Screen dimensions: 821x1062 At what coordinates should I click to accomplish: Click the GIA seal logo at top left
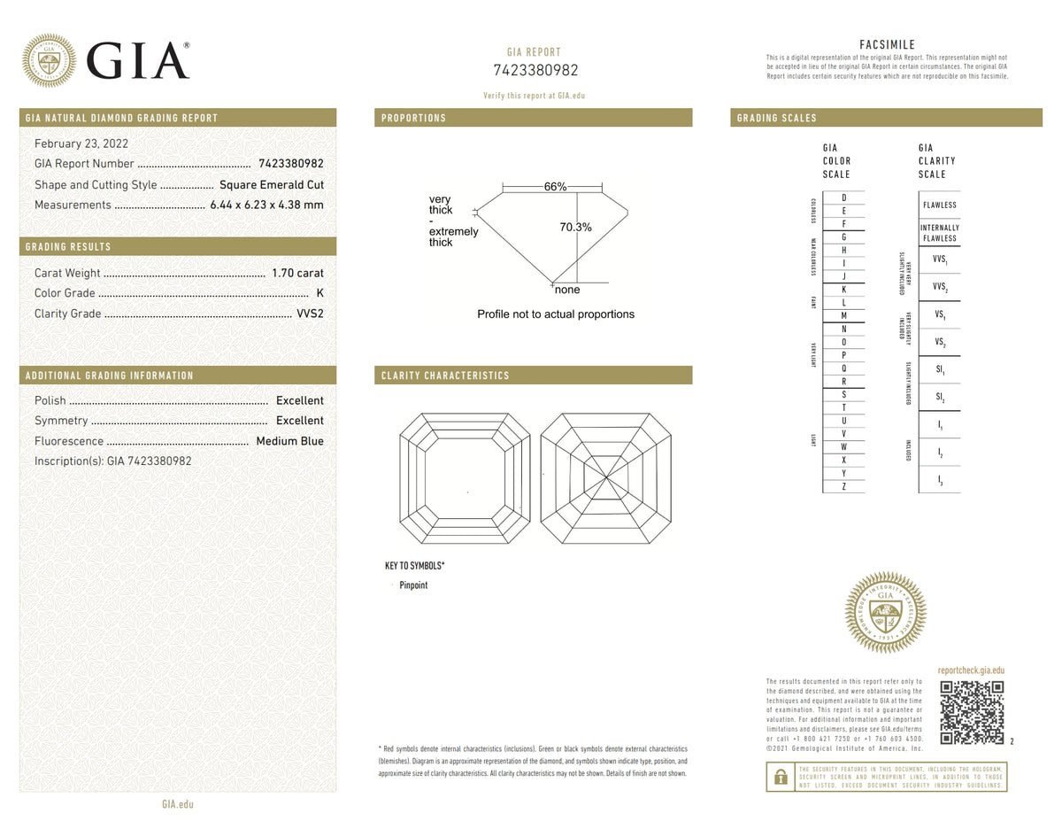click(x=49, y=60)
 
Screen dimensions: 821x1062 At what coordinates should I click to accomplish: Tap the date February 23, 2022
click(x=81, y=143)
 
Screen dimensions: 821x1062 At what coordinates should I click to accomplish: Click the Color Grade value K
click(x=319, y=293)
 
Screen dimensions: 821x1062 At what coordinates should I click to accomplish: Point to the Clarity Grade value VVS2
click(x=310, y=314)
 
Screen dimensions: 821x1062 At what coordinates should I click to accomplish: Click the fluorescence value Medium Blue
click(x=289, y=441)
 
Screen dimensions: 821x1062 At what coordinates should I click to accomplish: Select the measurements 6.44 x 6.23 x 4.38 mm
click(x=266, y=205)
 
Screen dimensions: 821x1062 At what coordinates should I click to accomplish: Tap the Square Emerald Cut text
click(x=272, y=185)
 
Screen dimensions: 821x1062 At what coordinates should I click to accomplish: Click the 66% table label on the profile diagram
click(x=555, y=187)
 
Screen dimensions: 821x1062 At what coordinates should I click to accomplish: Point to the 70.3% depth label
click(x=576, y=228)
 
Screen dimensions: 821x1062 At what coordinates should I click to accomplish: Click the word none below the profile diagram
click(x=567, y=290)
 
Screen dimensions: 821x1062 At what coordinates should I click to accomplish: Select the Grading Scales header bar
click(x=886, y=118)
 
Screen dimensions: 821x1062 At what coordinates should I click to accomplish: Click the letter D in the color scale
click(x=844, y=198)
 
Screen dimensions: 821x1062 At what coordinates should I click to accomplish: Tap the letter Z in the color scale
click(x=844, y=486)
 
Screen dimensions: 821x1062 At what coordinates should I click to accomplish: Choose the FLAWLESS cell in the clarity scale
click(x=939, y=205)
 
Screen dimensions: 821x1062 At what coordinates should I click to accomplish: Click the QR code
click(x=972, y=712)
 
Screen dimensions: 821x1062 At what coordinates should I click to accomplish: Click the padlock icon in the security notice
click(x=780, y=777)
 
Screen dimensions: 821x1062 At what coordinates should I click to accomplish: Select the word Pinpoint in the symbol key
click(x=413, y=585)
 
